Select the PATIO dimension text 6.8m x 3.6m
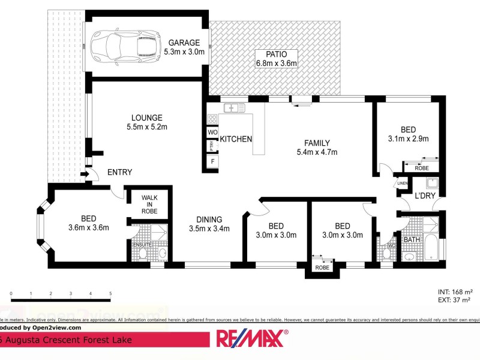tap(277, 62)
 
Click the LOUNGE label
tap(146, 118)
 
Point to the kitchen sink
tap(231, 108)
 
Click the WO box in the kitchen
tap(212, 132)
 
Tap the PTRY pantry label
tap(212, 146)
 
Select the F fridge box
tap(212, 161)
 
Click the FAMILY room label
tap(317, 143)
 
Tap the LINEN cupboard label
tap(401, 183)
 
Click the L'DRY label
tap(425, 196)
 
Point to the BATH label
tap(412, 240)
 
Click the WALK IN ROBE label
tap(149, 204)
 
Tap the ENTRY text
tap(119, 172)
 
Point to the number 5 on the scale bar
tap(110, 293)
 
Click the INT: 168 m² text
tap(454, 292)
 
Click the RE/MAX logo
tap(251, 338)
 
